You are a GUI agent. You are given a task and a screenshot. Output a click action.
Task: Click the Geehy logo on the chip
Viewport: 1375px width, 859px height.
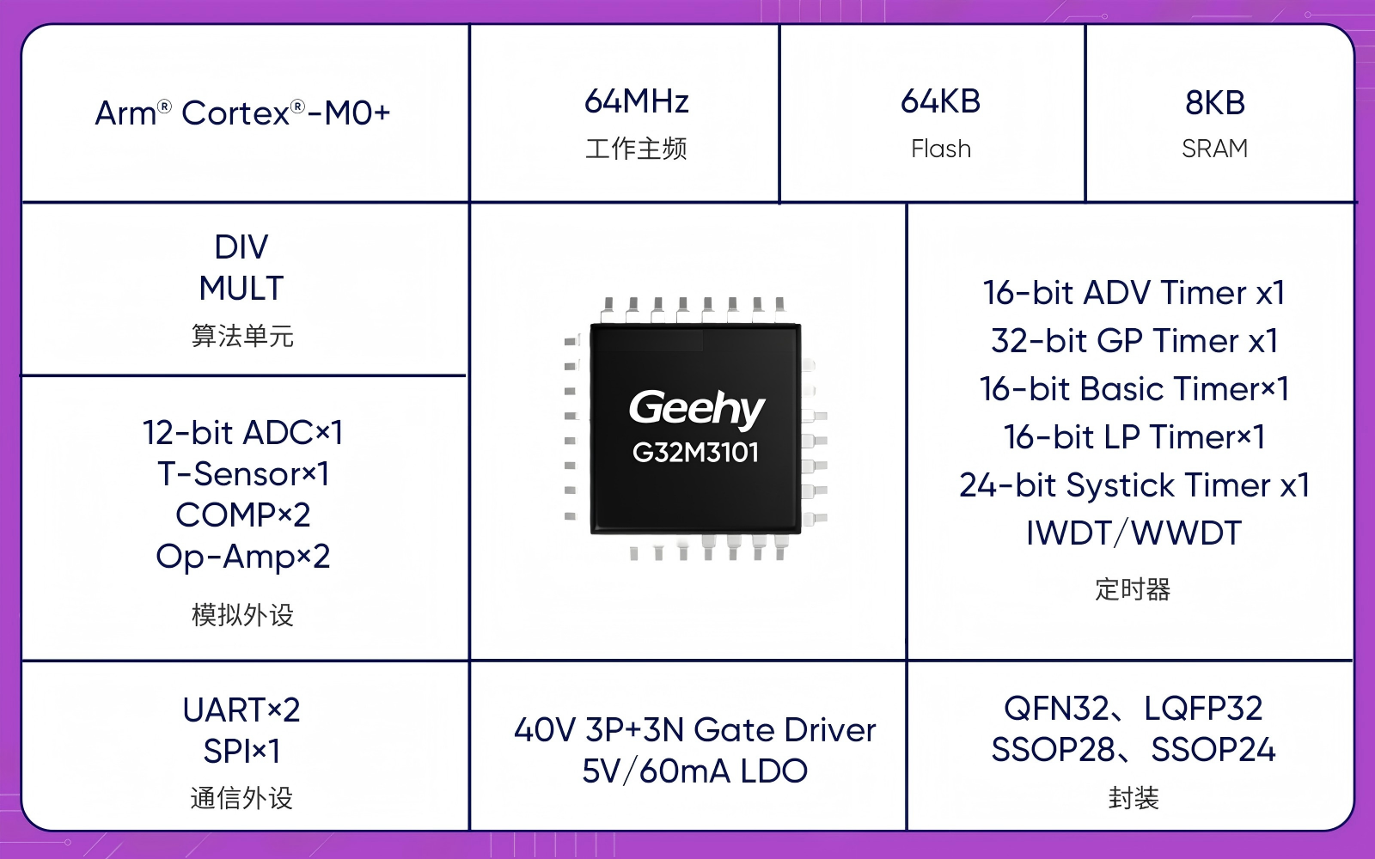coord(697,408)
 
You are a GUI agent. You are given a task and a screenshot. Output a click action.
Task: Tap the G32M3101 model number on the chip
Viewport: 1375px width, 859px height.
coord(695,453)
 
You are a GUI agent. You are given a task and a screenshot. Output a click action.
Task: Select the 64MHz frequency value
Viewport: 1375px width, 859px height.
coord(637,101)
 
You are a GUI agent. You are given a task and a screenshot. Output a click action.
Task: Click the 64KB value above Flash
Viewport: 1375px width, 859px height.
coord(940,101)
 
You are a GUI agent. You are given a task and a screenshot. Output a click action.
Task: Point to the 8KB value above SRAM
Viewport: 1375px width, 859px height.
coord(1215,102)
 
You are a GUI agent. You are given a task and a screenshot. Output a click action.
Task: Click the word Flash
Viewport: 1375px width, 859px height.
coord(941,149)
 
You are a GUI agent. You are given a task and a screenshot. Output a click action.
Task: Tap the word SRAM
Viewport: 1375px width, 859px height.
coord(1215,149)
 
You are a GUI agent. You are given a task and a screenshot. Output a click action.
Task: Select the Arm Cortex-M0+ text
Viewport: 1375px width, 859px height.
coord(242,113)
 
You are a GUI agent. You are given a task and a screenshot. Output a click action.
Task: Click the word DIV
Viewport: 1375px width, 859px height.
coord(241,247)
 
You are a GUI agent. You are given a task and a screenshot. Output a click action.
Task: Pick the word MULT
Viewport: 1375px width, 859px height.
coord(241,288)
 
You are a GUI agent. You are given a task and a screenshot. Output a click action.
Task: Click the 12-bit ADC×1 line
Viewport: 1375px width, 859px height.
coord(242,433)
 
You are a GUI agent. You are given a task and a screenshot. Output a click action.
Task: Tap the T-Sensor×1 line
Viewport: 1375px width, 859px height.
coord(243,473)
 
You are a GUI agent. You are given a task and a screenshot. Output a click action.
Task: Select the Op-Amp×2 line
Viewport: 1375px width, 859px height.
coord(243,557)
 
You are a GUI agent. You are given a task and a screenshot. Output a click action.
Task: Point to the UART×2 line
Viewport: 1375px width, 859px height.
coord(241,710)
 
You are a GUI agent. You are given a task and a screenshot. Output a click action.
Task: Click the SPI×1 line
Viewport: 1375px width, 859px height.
coord(241,751)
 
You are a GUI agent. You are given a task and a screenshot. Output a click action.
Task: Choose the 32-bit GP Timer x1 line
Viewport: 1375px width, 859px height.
coord(1134,340)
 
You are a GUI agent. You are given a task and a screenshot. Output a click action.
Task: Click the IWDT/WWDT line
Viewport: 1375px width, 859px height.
coord(1134,533)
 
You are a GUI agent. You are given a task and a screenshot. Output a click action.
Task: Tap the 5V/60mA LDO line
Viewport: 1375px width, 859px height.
coord(695,771)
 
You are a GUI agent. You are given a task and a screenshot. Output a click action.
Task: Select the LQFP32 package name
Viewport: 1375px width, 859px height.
coord(1204,709)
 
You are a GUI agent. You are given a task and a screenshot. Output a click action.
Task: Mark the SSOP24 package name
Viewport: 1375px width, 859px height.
coord(1213,750)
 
